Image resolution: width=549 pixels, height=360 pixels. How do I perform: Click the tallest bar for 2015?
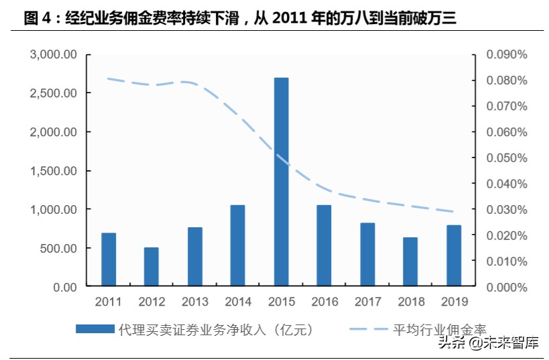(281, 182)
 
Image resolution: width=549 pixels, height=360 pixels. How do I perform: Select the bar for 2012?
(151, 267)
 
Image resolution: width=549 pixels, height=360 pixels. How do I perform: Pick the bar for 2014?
(238, 246)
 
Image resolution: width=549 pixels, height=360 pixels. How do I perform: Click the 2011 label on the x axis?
(109, 301)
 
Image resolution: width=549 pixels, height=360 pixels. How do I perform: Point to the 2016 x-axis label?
(324, 301)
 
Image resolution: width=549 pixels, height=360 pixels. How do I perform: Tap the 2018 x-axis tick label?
(411, 301)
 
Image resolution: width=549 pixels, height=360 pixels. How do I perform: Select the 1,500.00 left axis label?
(54, 171)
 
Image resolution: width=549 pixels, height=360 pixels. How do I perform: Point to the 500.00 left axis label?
(59, 249)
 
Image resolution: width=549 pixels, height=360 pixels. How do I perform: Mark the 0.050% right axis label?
(507, 158)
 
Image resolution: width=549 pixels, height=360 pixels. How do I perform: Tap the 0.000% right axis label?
(507, 287)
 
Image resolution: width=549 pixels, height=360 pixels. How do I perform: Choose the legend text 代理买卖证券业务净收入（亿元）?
(215, 328)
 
